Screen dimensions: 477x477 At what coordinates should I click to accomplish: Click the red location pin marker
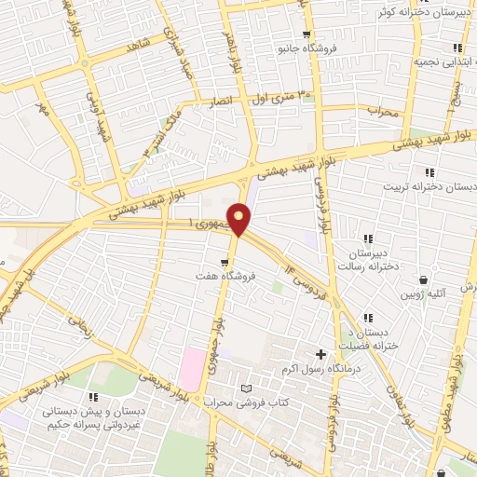coord(240,220)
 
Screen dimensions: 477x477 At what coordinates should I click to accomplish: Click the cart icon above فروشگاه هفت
coord(224,263)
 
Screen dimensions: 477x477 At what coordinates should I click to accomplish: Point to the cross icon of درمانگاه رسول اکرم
coord(321,354)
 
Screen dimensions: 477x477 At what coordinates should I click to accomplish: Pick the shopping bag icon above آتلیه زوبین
coord(423,279)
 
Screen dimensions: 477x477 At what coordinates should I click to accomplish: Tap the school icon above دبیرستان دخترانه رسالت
coord(369,239)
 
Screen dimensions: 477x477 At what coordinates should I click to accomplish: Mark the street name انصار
coord(228,101)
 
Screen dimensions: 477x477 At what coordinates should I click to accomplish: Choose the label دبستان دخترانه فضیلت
coord(373,340)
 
